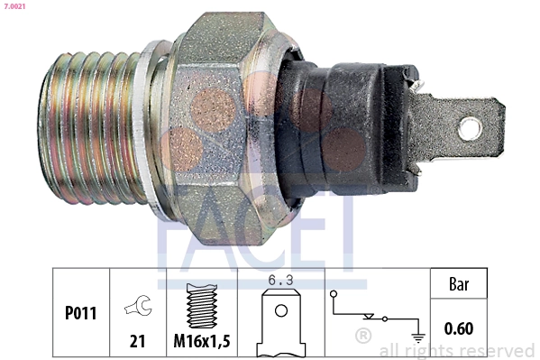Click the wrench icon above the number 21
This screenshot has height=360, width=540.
coord(137,306)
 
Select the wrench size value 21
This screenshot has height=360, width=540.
coord(137,340)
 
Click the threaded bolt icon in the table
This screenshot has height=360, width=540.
coord(201,307)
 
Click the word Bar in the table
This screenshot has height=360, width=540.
coord(459,284)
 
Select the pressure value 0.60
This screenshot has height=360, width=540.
coord(459,329)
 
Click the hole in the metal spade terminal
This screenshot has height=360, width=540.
coord(470,128)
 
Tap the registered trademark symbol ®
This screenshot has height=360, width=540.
coord(363,337)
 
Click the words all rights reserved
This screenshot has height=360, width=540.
coord(457,350)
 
